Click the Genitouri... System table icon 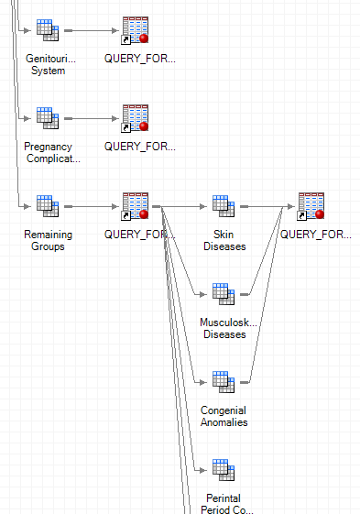pos(48,30)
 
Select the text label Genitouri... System pos(48,64)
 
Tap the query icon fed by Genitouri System pos(136,30)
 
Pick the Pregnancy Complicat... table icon pos(48,118)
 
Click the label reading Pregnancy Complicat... pos(48,152)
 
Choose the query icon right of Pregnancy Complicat pos(136,118)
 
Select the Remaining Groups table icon pos(48,206)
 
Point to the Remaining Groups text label pos(48,240)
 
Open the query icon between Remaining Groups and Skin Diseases pos(136,206)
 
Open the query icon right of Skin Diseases pos(312,206)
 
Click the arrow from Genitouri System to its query pos(92,30)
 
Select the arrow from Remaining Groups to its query pos(92,206)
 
